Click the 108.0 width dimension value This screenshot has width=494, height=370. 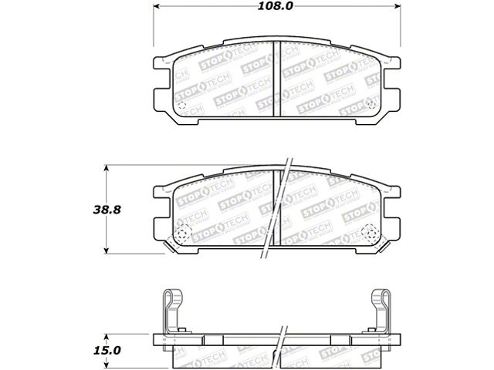[x=276, y=6]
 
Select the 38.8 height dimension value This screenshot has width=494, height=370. [x=107, y=210]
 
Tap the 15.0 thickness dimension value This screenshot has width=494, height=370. [x=107, y=351]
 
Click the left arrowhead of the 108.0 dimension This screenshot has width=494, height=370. [x=157, y=6]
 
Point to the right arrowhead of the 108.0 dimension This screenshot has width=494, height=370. [x=398, y=6]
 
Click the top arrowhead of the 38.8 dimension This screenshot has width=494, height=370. [x=107, y=168]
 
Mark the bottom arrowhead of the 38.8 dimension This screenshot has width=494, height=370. [x=107, y=250]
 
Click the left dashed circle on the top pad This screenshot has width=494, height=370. [x=182, y=106]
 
